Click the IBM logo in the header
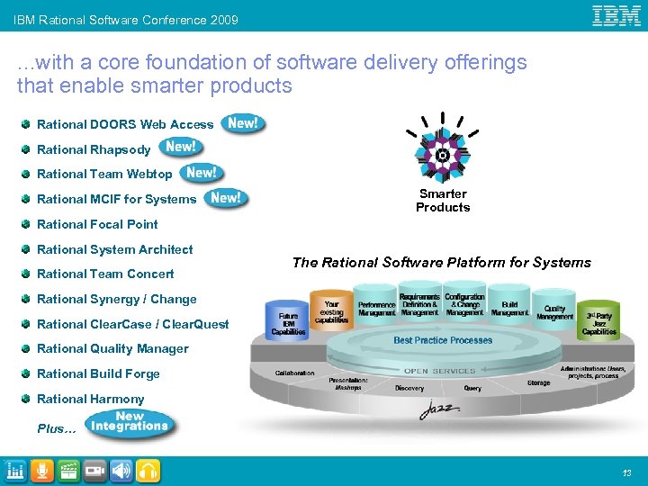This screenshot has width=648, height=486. tap(616, 15)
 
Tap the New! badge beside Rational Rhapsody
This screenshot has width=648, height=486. tap(181, 148)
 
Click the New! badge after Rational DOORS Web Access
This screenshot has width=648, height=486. tap(243, 123)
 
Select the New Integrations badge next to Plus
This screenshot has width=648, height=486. tap(130, 423)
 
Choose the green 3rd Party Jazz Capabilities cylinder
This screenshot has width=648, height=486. tap(598, 319)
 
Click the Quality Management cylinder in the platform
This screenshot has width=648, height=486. tap(553, 310)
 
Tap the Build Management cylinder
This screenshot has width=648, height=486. tap(509, 306)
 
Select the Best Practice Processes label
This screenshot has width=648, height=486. tap(443, 340)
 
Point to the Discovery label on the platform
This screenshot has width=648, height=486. tap(409, 389)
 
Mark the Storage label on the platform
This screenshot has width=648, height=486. tap(539, 382)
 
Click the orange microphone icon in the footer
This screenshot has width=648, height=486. tap(41, 470)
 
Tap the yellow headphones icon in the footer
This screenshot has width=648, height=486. tap(148, 470)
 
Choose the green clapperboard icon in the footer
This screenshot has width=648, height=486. tap(67, 470)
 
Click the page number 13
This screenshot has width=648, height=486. tap(625, 472)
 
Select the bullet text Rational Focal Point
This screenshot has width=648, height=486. tap(97, 224)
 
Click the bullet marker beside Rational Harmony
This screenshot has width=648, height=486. tap(28, 399)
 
